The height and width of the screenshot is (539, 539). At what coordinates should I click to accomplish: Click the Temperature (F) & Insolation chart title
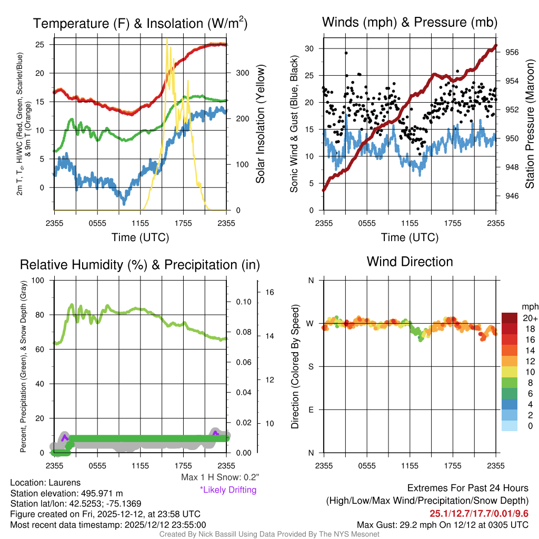(x=140, y=23)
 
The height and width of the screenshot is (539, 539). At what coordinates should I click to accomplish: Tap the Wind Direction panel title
(x=410, y=262)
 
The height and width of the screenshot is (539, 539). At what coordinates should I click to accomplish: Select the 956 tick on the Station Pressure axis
(x=512, y=52)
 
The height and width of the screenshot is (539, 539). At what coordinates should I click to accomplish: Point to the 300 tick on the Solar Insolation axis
(x=242, y=73)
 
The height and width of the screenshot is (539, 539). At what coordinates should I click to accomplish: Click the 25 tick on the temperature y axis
(x=40, y=44)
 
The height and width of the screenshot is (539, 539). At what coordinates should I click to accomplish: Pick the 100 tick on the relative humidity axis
(x=38, y=280)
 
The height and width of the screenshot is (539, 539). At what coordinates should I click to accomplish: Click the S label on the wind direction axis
(x=311, y=367)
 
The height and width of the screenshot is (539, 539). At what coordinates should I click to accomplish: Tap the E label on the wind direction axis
(x=311, y=410)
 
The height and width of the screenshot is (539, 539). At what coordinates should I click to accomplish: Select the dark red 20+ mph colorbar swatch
(x=510, y=318)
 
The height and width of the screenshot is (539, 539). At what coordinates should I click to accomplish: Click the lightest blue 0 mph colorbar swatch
(x=510, y=425)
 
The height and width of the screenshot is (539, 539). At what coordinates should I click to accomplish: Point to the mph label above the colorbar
(x=530, y=307)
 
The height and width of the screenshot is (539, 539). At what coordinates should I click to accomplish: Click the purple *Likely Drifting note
(x=228, y=490)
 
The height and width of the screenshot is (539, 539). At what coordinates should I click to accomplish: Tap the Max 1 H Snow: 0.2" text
(x=220, y=477)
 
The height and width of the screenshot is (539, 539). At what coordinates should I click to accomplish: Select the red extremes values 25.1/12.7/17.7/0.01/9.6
(x=479, y=514)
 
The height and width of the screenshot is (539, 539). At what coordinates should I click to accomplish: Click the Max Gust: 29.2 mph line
(x=443, y=525)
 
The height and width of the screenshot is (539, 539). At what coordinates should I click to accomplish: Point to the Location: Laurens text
(x=45, y=483)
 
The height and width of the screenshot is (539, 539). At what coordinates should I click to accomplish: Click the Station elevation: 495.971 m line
(x=67, y=493)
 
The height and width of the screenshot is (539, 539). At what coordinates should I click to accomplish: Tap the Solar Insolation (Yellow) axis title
(x=260, y=124)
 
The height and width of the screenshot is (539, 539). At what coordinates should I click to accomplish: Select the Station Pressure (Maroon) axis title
(x=530, y=124)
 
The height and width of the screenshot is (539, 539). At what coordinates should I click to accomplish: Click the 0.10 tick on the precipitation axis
(x=244, y=302)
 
